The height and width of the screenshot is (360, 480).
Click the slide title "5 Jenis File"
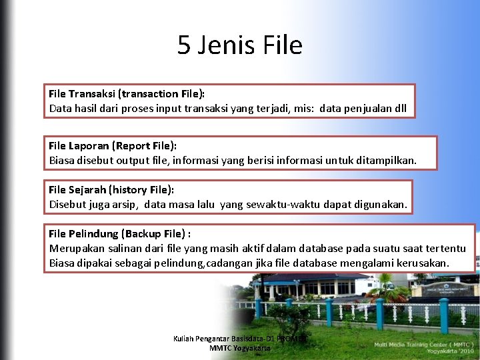(x=240, y=45)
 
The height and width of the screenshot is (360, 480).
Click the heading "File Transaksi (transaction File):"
(x=127, y=94)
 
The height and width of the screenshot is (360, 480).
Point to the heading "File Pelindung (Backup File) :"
(x=119, y=233)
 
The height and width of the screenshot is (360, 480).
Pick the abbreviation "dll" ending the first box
(x=400, y=109)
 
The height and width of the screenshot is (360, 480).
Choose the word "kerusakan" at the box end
(x=422, y=263)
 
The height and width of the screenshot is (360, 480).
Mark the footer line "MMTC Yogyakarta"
(x=239, y=348)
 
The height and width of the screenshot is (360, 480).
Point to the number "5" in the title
(x=183, y=45)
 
